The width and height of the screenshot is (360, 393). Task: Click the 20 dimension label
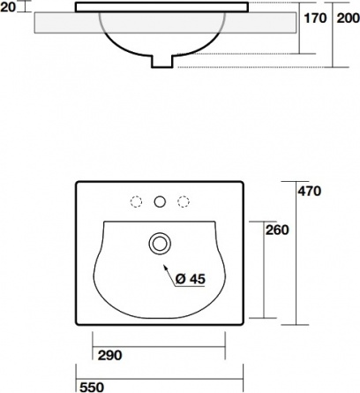click(8, 7)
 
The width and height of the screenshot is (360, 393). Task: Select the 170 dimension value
click(315, 19)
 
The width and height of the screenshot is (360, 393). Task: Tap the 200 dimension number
click(349, 19)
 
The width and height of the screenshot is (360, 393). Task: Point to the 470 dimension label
click(310, 192)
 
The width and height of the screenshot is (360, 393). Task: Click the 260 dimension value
click(277, 230)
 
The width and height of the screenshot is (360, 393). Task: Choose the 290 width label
click(109, 355)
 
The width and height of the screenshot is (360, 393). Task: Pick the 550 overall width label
click(92, 387)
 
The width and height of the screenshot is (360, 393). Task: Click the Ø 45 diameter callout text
click(191, 279)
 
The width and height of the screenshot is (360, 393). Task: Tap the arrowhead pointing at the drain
click(166, 268)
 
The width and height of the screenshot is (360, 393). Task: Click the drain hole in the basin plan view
click(160, 244)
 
